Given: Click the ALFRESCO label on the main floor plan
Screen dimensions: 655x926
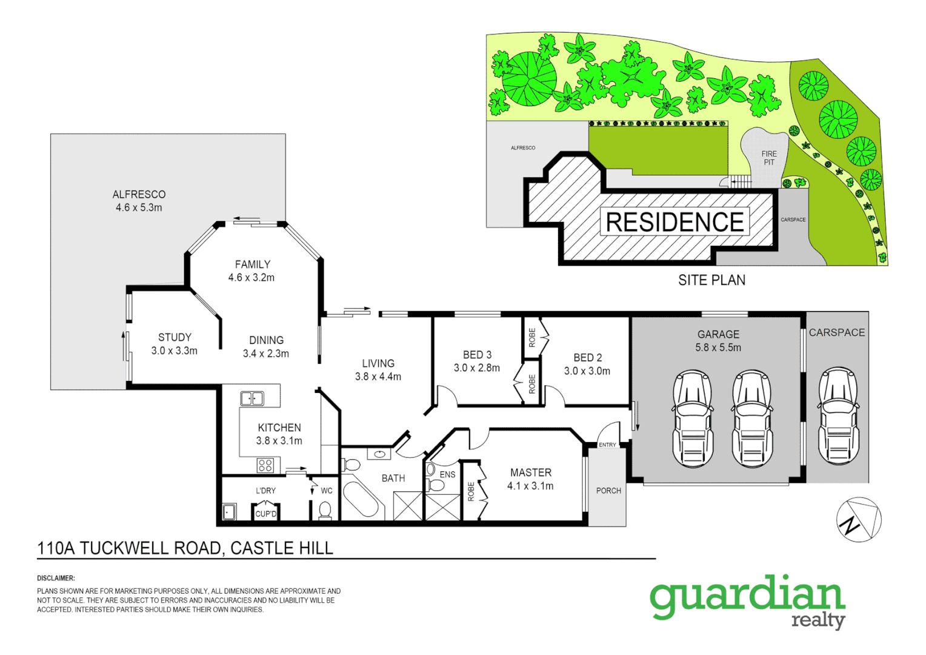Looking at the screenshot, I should [139, 195].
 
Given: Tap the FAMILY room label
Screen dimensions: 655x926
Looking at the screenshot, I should [253, 264].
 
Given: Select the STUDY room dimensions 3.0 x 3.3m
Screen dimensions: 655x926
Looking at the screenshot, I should [175, 351].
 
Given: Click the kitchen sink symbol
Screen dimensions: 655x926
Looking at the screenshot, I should [252, 398].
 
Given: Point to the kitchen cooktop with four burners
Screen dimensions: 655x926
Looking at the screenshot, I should [265, 465].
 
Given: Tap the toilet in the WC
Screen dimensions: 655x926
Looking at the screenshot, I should [325, 511].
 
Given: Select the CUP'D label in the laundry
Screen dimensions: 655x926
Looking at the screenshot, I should [265, 514].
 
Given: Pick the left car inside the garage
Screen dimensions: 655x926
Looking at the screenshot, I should [693, 418].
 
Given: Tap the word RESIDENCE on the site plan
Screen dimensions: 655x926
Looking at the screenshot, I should [675, 223].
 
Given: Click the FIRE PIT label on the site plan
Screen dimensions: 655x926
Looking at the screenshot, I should [769, 158].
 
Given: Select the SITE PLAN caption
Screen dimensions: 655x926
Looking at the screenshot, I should [711, 280].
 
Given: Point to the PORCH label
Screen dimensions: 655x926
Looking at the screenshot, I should [608, 491].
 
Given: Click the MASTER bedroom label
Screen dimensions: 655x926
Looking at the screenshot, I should [531, 472].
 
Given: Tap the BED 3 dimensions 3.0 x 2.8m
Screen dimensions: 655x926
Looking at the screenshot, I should [477, 368].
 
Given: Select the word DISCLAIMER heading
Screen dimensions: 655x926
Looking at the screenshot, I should [56, 579].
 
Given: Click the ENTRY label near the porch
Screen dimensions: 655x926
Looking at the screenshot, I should [607, 445].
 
